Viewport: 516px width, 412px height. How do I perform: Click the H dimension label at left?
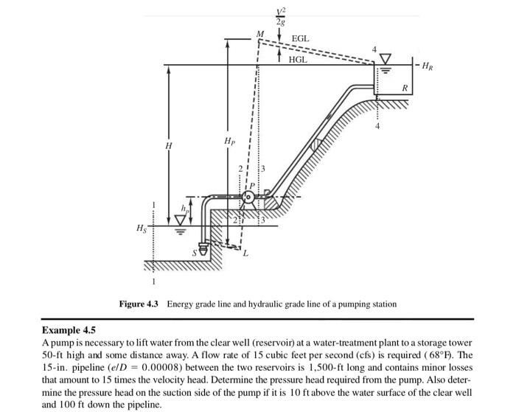[169, 146]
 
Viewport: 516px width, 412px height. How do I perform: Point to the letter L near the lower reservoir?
[245, 253]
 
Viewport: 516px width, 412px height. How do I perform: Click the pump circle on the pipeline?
[248, 197]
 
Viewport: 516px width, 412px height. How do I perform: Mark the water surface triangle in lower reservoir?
[180, 219]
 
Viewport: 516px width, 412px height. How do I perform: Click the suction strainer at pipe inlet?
[204, 249]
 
